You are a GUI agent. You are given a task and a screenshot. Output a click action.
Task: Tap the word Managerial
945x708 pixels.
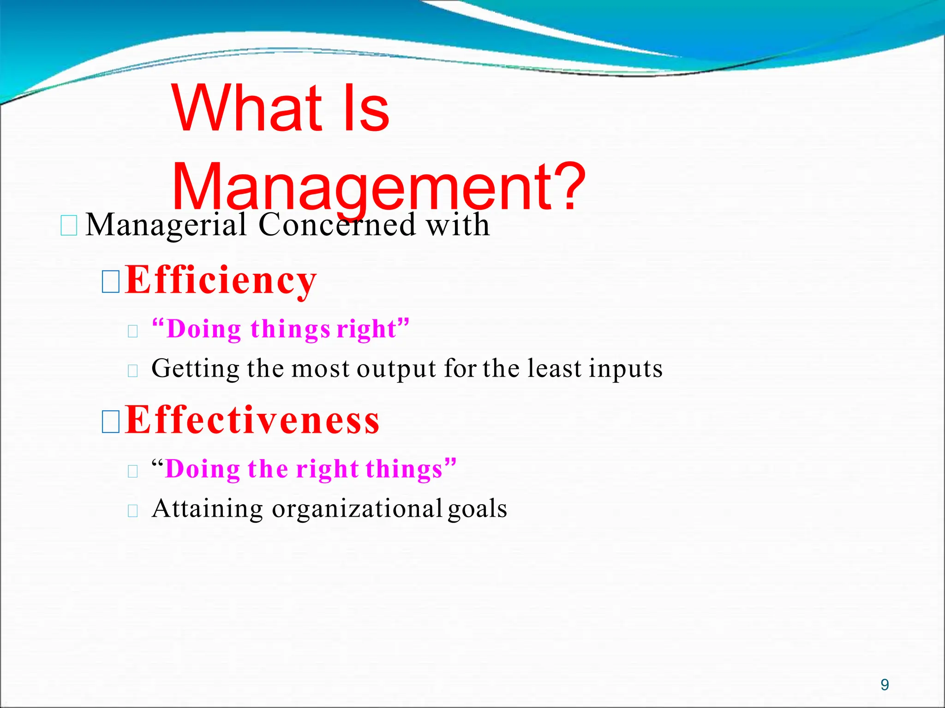(x=166, y=225)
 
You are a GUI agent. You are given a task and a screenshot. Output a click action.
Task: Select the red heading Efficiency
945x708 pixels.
(x=221, y=280)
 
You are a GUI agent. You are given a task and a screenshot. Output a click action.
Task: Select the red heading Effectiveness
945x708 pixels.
(x=252, y=420)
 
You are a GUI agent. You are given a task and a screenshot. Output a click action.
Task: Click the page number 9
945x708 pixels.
(x=885, y=684)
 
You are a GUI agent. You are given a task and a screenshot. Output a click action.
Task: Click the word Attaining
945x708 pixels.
(x=207, y=509)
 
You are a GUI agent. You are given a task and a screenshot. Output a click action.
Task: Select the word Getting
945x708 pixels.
(x=195, y=369)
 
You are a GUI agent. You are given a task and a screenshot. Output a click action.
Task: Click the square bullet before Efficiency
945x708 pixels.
(x=111, y=282)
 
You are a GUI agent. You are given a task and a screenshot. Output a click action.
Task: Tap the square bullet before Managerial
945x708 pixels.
(x=69, y=226)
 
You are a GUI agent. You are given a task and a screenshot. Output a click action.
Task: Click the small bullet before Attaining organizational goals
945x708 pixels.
(x=133, y=510)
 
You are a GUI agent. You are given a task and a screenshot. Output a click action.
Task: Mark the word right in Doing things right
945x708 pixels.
(x=367, y=330)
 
